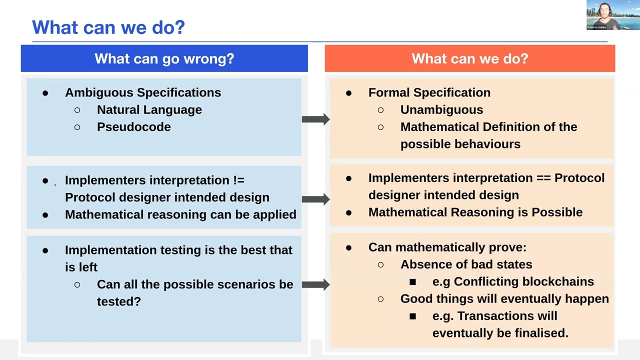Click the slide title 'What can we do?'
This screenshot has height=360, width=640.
click(x=108, y=27)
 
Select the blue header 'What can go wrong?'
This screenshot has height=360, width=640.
click(x=164, y=58)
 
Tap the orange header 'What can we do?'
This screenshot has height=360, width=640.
click(x=469, y=58)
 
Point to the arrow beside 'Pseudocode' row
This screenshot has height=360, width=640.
click(x=315, y=119)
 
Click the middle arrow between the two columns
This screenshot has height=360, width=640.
click(x=315, y=199)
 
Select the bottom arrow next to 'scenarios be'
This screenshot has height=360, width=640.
click(x=315, y=284)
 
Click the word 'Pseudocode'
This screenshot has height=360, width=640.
click(x=133, y=127)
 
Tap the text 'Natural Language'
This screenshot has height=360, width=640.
click(x=149, y=110)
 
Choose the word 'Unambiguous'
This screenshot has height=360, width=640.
click(x=441, y=110)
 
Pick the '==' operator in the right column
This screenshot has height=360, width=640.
click(x=541, y=178)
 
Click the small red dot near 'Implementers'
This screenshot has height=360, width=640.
click(x=55, y=184)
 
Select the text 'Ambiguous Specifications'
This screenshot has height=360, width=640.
click(x=142, y=92)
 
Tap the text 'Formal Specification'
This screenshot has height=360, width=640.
click(x=429, y=92)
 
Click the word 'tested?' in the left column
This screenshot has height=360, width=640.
click(x=118, y=301)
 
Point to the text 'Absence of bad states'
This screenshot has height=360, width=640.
click(x=466, y=264)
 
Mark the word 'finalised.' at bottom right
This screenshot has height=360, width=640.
click(x=543, y=333)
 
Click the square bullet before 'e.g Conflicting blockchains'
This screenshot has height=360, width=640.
click(x=412, y=282)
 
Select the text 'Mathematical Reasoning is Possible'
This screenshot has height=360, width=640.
click(x=475, y=212)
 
